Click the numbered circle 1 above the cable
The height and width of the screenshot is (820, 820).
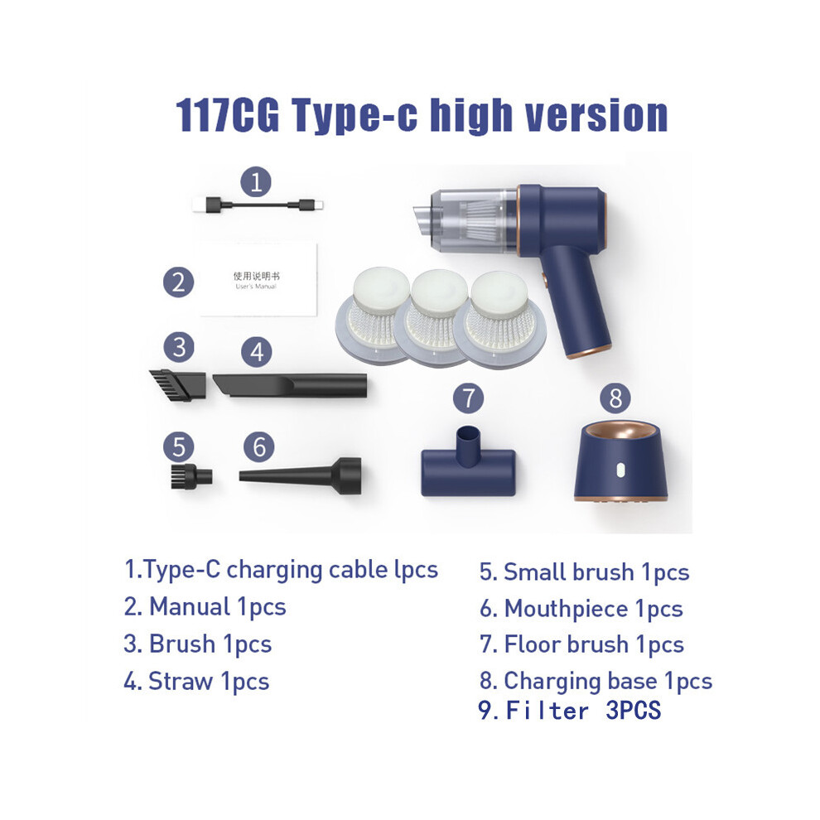(256, 182)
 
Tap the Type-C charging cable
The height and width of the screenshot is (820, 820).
(258, 205)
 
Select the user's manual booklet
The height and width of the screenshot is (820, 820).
(258, 280)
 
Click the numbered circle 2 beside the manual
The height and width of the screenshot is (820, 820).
(178, 282)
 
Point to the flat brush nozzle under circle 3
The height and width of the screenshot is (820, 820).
(177, 385)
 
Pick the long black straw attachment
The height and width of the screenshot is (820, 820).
(290, 385)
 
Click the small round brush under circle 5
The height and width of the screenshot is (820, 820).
(191, 476)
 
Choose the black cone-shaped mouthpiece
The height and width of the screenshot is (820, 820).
(300, 476)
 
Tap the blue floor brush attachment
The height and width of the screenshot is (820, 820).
(469, 463)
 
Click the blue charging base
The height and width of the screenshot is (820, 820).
(620, 462)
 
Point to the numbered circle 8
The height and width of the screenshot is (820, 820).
(615, 398)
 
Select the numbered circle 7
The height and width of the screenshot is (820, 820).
(469, 398)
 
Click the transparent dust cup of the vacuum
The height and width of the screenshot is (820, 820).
(467, 219)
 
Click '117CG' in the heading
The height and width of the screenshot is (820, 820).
(227, 116)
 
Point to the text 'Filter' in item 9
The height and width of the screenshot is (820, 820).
(547, 711)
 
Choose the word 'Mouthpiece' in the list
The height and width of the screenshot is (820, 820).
(566, 609)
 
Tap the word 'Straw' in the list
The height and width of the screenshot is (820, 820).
(181, 681)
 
